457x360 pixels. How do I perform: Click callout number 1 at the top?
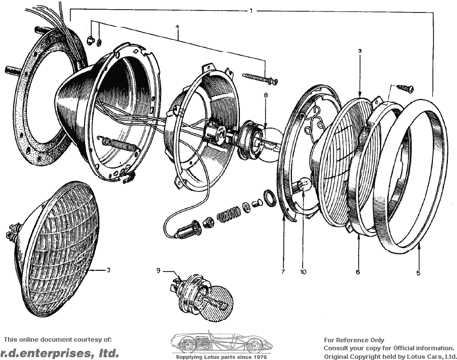point(251,11)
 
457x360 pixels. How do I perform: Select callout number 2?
point(360,51)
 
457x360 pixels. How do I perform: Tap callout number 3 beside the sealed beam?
point(108,270)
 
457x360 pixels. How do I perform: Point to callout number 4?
point(177,27)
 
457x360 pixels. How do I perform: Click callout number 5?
point(418,273)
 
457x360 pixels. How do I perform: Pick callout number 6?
point(358,272)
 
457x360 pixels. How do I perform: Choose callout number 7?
point(283,272)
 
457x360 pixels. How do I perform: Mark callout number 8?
point(266,95)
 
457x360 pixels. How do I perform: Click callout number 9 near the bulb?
point(158,270)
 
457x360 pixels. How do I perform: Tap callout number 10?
point(303,272)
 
